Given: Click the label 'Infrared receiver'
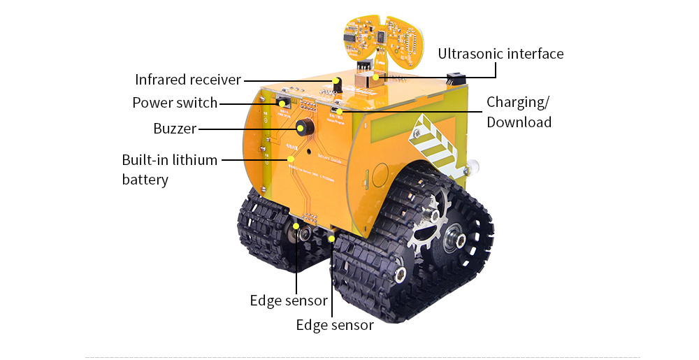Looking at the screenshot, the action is pyautogui.click(x=187, y=80).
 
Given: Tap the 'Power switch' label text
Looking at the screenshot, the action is pyautogui.click(x=175, y=103).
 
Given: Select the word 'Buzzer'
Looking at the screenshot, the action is pyautogui.click(x=175, y=129).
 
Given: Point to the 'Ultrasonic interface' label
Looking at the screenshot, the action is pyautogui.click(x=500, y=54).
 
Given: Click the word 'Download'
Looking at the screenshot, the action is pyautogui.click(x=519, y=122).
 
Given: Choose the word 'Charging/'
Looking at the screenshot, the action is pyautogui.click(x=518, y=103).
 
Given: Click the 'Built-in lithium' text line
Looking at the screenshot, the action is pyautogui.click(x=170, y=160).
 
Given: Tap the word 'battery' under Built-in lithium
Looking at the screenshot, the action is pyautogui.click(x=145, y=180).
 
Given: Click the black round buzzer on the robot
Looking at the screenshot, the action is pyautogui.click(x=305, y=127).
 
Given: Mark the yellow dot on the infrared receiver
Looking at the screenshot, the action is pyautogui.click(x=336, y=80).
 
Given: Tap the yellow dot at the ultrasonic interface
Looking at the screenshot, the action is pyautogui.click(x=376, y=77).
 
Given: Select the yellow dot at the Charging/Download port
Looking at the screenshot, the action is pyautogui.click(x=339, y=111).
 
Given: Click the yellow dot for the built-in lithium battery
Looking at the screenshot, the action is pyautogui.click(x=291, y=159).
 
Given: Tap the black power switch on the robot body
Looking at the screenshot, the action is pyautogui.click(x=284, y=102).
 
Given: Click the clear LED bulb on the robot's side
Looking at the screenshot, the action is pyautogui.click(x=472, y=166).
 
